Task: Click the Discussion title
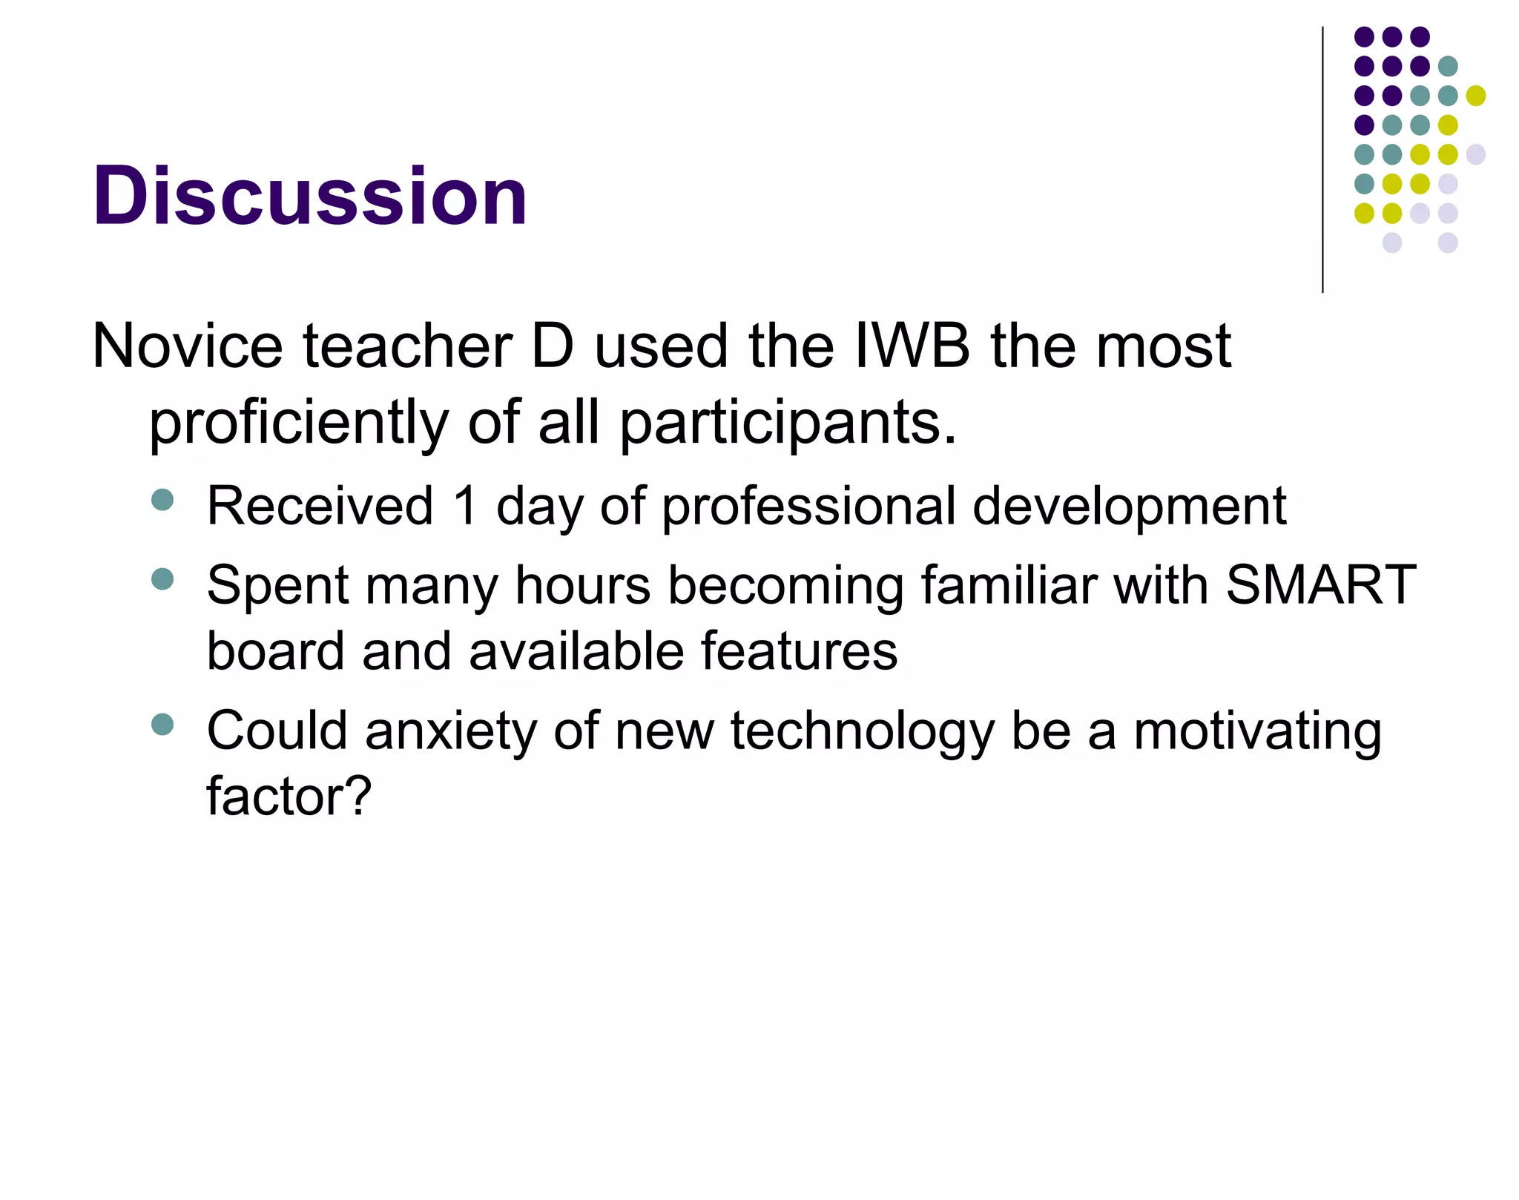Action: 309,196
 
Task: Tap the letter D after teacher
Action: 553,346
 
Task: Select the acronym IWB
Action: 912,346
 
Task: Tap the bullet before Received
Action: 162,500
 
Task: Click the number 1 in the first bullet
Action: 465,506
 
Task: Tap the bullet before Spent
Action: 162,578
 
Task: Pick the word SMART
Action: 1321,585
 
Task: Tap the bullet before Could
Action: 162,724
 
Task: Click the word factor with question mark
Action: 289,797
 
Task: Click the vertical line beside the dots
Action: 1322,159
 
